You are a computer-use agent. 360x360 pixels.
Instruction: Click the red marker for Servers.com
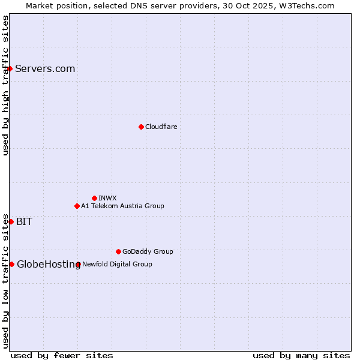[10, 68]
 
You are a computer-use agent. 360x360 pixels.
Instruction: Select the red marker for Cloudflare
[141, 127]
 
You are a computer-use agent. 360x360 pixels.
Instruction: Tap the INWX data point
[94, 198]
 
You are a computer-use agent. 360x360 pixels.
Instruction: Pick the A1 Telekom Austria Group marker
[77, 206]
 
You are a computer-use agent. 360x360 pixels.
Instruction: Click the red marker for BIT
[11, 221]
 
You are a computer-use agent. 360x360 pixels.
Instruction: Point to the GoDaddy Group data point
[118, 251]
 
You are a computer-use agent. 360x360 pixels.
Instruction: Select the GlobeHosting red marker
[11, 264]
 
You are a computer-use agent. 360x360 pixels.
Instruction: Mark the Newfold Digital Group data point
[79, 264]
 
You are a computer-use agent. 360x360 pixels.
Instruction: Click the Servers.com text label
[45, 68]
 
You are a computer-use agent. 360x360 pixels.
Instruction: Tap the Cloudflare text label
[161, 127]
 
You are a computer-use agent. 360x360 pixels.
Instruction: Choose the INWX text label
[107, 198]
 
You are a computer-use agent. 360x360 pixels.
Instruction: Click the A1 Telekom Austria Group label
[122, 206]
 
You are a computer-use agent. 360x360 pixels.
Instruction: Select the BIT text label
[24, 221]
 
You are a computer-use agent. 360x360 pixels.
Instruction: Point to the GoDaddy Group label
[148, 251]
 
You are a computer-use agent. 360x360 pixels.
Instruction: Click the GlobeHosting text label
[49, 264]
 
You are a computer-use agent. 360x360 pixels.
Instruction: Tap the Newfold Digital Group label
[117, 264]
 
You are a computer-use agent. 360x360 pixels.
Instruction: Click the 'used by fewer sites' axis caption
[62, 355]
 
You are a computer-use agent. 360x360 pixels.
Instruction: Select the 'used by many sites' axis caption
[301, 355]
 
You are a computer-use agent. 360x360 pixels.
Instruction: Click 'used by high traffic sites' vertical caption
[5, 85]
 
